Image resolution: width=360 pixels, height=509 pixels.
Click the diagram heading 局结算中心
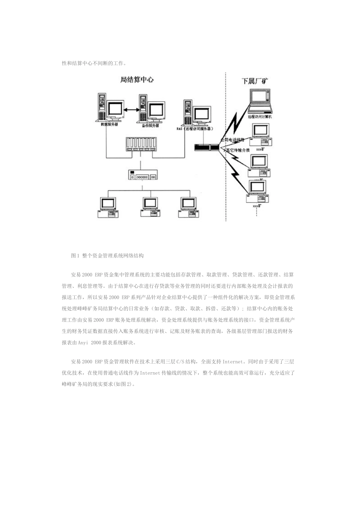click(137, 80)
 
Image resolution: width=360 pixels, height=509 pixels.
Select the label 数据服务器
click(109, 124)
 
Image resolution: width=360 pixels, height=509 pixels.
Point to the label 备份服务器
click(150, 125)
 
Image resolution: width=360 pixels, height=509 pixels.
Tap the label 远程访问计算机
click(260, 117)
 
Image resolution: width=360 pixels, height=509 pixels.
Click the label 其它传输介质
click(238, 150)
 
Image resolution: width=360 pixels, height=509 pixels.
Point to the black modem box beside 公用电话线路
click(207, 147)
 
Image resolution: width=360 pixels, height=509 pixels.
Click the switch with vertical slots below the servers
click(141, 146)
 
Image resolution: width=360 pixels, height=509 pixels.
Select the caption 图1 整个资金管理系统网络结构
click(107, 256)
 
